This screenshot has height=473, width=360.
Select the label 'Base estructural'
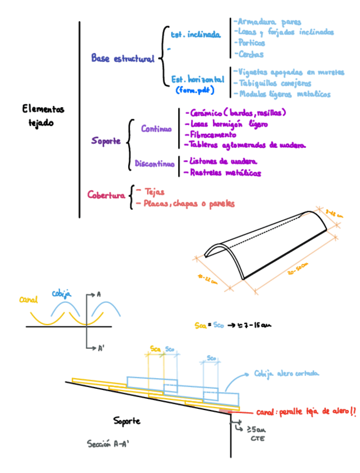click(123, 59)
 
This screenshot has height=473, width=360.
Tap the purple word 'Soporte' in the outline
click(106, 142)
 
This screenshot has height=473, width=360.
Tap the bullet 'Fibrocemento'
click(213, 134)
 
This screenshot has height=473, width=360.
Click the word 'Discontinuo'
click(154, 164)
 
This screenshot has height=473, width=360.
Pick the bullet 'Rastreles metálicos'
click(226, 173)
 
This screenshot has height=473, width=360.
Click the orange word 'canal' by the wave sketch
click(28, 300)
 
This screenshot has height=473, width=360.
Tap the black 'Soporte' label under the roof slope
click(127, 420)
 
